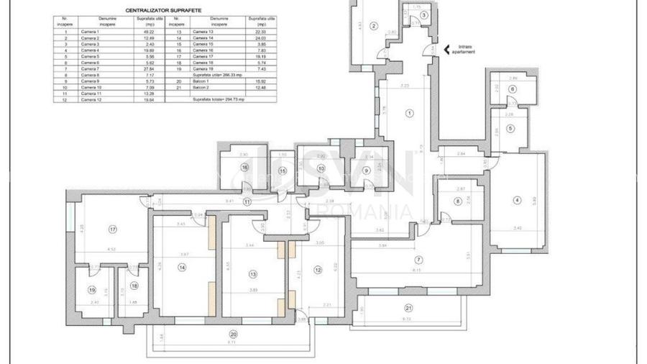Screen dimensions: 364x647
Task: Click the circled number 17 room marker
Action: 113,229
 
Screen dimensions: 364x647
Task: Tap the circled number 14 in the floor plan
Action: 183,268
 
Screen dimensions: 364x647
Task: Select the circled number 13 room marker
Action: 252,274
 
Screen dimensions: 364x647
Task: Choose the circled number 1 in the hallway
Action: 410,113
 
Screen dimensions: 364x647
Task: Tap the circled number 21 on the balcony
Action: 408,307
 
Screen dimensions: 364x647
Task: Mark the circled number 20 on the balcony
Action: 233,335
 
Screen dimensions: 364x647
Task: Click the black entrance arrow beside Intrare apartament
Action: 446,50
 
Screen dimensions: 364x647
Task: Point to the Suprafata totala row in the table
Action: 219,99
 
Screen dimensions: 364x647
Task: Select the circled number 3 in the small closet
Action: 424,15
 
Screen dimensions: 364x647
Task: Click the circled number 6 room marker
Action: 512,89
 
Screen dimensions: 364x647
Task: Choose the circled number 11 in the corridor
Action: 247,202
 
